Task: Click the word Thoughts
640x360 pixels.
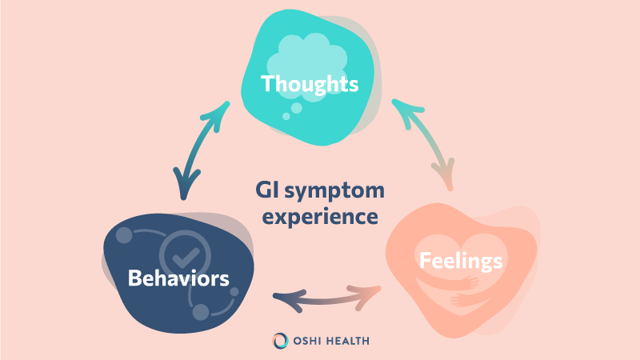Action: pyautogui.click(x=309, y=83)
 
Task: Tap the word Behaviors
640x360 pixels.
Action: pyautogui.click(x=179, y=278)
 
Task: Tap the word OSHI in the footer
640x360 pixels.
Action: pyautogui.click(x=309, y=340)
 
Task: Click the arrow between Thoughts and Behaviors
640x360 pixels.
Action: pyautogui.click(x=194, y=152)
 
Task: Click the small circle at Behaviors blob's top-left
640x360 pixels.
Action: pyautogui.click(x=122, y=237)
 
